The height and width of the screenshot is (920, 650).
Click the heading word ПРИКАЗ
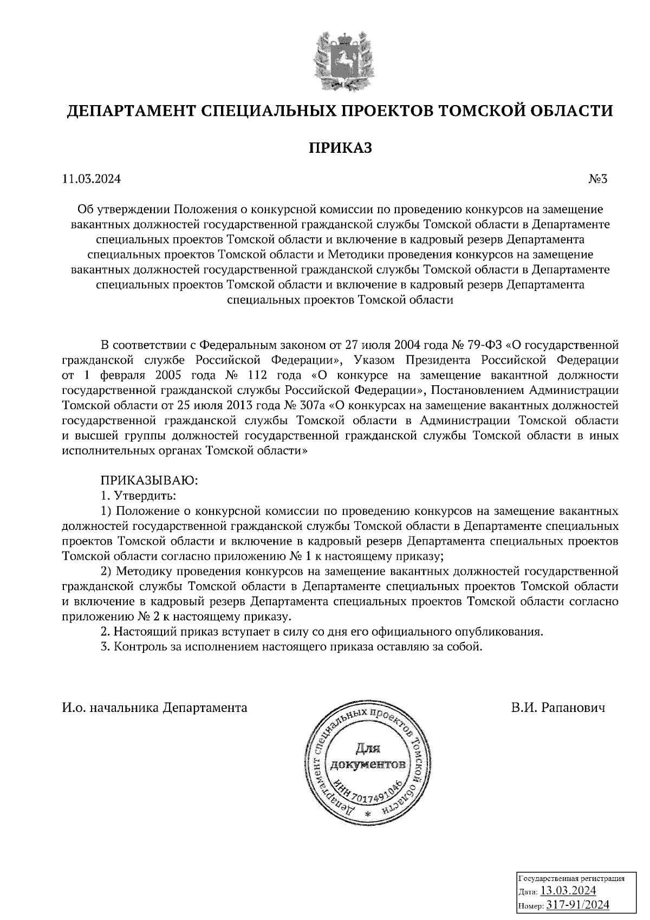(340, 148)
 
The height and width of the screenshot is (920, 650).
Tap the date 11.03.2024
(92, 179)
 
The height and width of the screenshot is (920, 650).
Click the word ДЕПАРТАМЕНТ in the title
(129, 111)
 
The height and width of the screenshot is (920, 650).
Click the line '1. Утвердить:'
(139, 495)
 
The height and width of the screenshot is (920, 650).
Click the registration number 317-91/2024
(577, 905)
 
